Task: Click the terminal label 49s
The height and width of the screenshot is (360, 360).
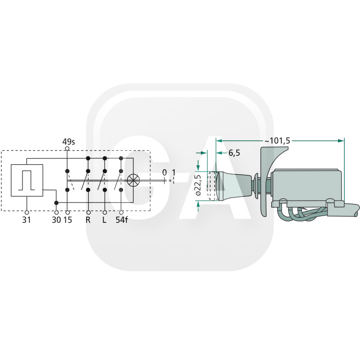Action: tap(69, 142)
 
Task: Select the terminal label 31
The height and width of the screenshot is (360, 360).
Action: tap(27, 220)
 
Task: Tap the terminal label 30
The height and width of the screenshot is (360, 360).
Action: tap(57, 220)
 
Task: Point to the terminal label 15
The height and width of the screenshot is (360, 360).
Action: tap(68, 220)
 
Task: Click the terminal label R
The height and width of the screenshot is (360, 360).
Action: tap(88, 220)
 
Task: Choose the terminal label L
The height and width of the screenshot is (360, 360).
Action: tap(104, 220)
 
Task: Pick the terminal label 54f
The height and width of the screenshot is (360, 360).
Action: tap(121, 220)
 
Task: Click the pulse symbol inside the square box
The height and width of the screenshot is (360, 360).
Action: tap(27, 180)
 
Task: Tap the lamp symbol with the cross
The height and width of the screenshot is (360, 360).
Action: tap(133, 180)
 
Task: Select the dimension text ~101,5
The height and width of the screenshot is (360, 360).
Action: tap(277, 141)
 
